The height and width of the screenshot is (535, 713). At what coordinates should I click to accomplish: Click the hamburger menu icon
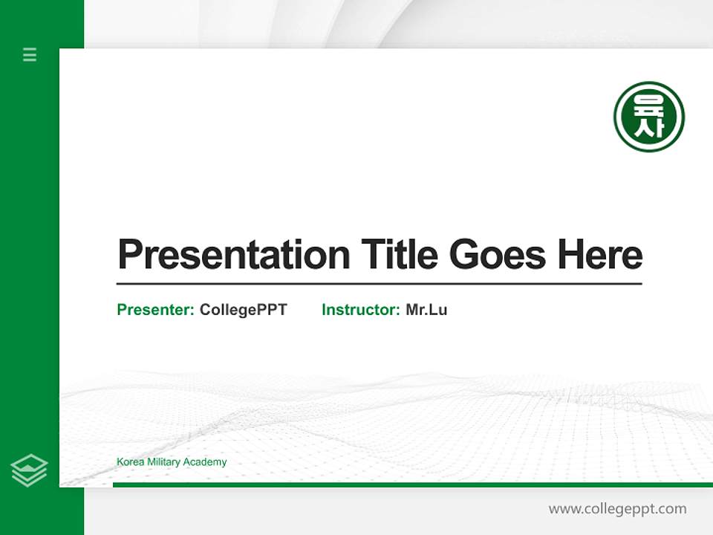[30, 54]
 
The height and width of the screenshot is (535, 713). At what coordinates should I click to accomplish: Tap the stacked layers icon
[29, 470]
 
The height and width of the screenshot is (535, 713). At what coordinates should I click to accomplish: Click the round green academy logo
[648, 117]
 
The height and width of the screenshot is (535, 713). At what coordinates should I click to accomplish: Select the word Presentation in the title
[233, 255]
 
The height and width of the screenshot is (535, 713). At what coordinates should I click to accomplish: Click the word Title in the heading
[399, 254]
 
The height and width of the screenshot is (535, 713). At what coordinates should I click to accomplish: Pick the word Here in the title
[599, 254]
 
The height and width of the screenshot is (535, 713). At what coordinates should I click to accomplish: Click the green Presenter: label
[155, 310]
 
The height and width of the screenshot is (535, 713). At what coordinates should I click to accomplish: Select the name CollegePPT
[243, 310]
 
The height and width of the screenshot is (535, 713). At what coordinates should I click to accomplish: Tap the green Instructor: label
[360, 310]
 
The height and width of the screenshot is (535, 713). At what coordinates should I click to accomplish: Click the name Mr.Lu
[426, 310]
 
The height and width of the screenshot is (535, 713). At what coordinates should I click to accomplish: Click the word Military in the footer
[164, 462]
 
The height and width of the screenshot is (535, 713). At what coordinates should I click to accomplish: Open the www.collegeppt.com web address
[617, 509]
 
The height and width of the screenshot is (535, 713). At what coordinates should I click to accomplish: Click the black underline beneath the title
[379, 284]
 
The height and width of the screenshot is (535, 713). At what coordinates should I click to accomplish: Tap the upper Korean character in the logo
[648, 103]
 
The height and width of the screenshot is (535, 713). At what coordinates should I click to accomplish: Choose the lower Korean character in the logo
[648, 129]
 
